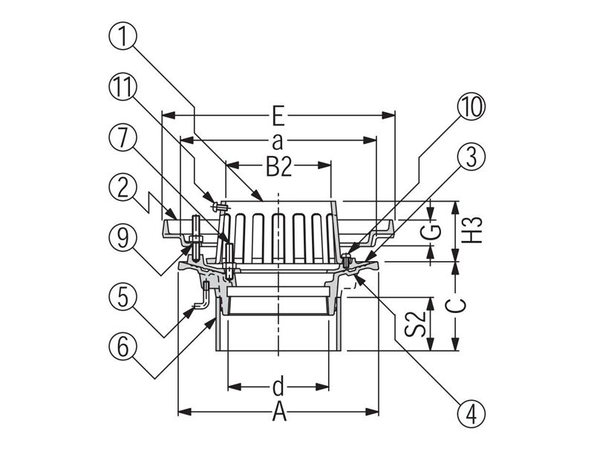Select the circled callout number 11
coord(123,88)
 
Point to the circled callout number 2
coord(123,188)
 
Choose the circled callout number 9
coord(123,239)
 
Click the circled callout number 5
coord(123,297)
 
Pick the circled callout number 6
coord(123,346)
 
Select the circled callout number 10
coord(471,107)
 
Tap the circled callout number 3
coord(471,157)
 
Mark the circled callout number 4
coord(471,413)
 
